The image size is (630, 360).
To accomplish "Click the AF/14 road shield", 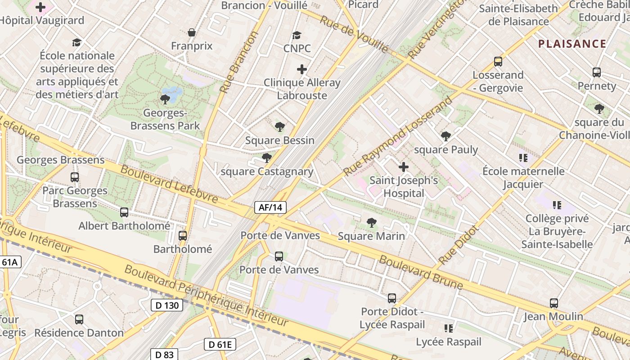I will coord(270,207).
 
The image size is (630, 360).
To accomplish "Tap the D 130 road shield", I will coord(167,305).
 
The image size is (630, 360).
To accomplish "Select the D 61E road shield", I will coord(220,345).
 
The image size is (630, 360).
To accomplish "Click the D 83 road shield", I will coord(164,355).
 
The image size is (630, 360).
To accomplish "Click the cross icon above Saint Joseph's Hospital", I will coord(404,167).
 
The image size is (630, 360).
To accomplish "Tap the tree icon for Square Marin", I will coord(371,222).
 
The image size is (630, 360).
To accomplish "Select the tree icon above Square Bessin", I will coord(280,127).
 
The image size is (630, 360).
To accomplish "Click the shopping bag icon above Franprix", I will coord(192,32).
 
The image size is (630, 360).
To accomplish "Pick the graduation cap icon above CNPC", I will coord(297,35).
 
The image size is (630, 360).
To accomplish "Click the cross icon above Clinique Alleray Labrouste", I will coord(302,69).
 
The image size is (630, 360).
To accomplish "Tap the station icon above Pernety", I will coord(597,72).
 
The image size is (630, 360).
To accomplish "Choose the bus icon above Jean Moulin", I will coord(554,303).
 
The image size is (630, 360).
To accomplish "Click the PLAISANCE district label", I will coord(572,44).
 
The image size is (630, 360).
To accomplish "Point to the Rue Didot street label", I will coord(459,245).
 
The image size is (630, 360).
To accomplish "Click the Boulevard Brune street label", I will coord(421,272).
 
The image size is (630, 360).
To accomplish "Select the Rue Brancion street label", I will coord(238,62).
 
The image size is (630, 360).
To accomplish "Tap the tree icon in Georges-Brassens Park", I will coord(165,99).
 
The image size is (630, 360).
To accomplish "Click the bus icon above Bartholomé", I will coord(183,235).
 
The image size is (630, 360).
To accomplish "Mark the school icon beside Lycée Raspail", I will coord(448,328).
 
